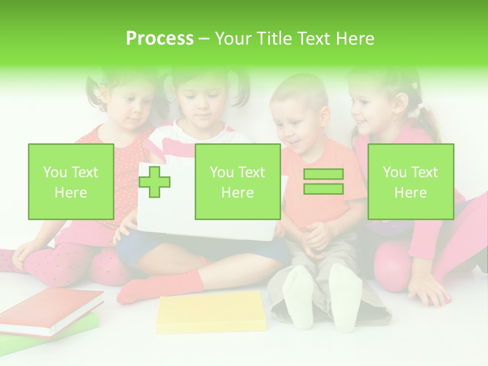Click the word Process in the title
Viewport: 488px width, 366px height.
coord(160,39)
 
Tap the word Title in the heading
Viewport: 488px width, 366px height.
coord(274,39)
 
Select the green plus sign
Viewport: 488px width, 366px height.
coord(155,181)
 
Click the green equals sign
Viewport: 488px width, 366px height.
coord(323,181)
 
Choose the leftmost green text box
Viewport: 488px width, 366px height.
coord(71,181)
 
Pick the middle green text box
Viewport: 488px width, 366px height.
coord(237,181)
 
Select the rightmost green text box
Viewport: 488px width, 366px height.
coord(410,181)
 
